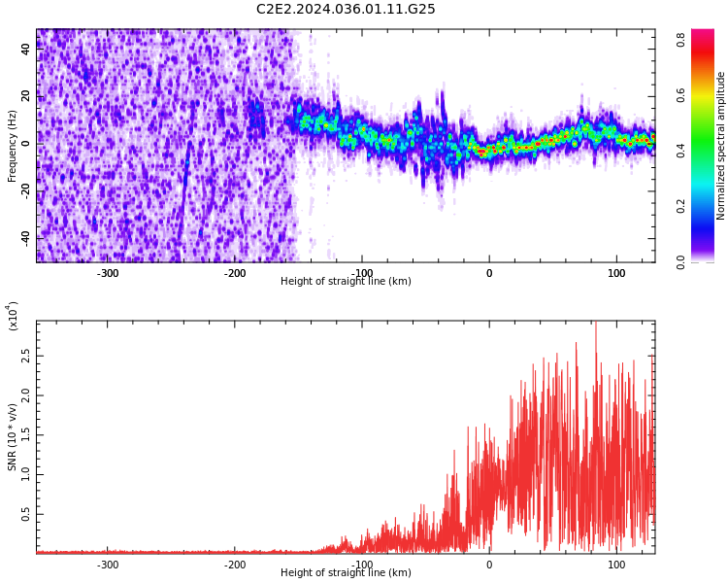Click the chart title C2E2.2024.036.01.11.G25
click(x=346, y=10)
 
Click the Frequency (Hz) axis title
click(x=13, y=146)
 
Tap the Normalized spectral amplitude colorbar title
click(x=721, y=146)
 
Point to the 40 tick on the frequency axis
click(x=26, y=49)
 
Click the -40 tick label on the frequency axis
click(x=26, y=237)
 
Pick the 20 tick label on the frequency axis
click(x=26, y=96)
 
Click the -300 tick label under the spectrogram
click(x=108, y=273)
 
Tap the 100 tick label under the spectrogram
click(x=616, y=273)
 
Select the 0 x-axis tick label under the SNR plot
click(x=489, y=565)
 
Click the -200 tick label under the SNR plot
click(x=235, y=565)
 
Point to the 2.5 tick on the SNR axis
click(x=26, y=356)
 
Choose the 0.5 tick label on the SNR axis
click(x=26, y=514)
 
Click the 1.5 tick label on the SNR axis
click(x=26, y=434)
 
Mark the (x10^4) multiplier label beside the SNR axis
click(x=13, y=316)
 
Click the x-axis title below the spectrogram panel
click(x=346, y=282)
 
